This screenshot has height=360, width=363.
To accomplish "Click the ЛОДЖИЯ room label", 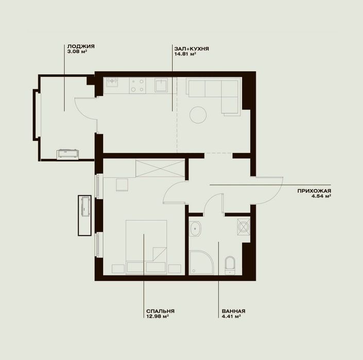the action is click(x=81, y=46).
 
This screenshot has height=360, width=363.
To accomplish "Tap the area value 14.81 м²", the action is click(x=185, y=54).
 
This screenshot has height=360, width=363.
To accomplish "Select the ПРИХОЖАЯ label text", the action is click(x=314, y=191).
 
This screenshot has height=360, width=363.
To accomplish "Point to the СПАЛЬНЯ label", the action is click(x=160, y=311).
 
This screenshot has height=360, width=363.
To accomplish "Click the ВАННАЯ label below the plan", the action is click(x=233, y=311).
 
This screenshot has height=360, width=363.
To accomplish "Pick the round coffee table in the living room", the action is click(x=198, y=115).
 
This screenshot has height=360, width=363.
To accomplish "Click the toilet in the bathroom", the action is click(x=230, y=265).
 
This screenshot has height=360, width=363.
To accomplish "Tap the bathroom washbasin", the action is click(x=195, y=229).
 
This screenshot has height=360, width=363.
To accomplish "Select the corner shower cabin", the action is click(x=201, y=263).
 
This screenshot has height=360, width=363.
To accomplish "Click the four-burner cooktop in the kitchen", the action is click(x=137, y=85).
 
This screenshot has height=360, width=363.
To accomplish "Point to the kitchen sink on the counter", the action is click(x=161, y=85).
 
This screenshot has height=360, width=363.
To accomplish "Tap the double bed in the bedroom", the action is click(x=146, y=247).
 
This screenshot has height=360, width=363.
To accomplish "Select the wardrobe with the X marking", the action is click(x=160, y=168).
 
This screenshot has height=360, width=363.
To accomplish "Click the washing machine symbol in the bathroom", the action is click(x=244, y=227).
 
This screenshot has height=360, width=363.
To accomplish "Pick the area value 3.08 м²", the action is click(x=77, y=52).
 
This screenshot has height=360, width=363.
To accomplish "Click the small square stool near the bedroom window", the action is click(x=122, y=185).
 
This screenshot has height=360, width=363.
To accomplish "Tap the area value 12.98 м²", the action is click(x=157, y=316).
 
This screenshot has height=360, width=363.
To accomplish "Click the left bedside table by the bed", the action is click(x=118, y=269).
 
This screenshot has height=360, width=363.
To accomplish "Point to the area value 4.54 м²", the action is click(x=321, y=196).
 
